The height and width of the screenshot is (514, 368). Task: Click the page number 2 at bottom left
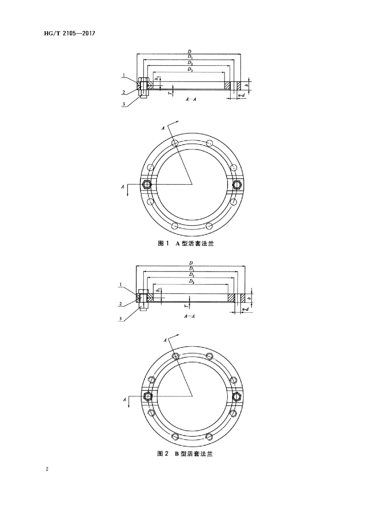click(x=47, y=469)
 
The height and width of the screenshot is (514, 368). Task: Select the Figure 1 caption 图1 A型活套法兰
click(x=186, y=243)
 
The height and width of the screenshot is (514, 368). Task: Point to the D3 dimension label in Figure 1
click(x=190, y=69)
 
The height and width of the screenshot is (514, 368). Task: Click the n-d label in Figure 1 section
click(x=241, y=95)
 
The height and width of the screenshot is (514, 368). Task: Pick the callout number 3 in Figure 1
click(x=124, y=104)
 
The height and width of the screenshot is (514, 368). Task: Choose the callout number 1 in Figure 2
click(x=120, y=284)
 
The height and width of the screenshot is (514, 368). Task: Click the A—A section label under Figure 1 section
click(x=191, y=99)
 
